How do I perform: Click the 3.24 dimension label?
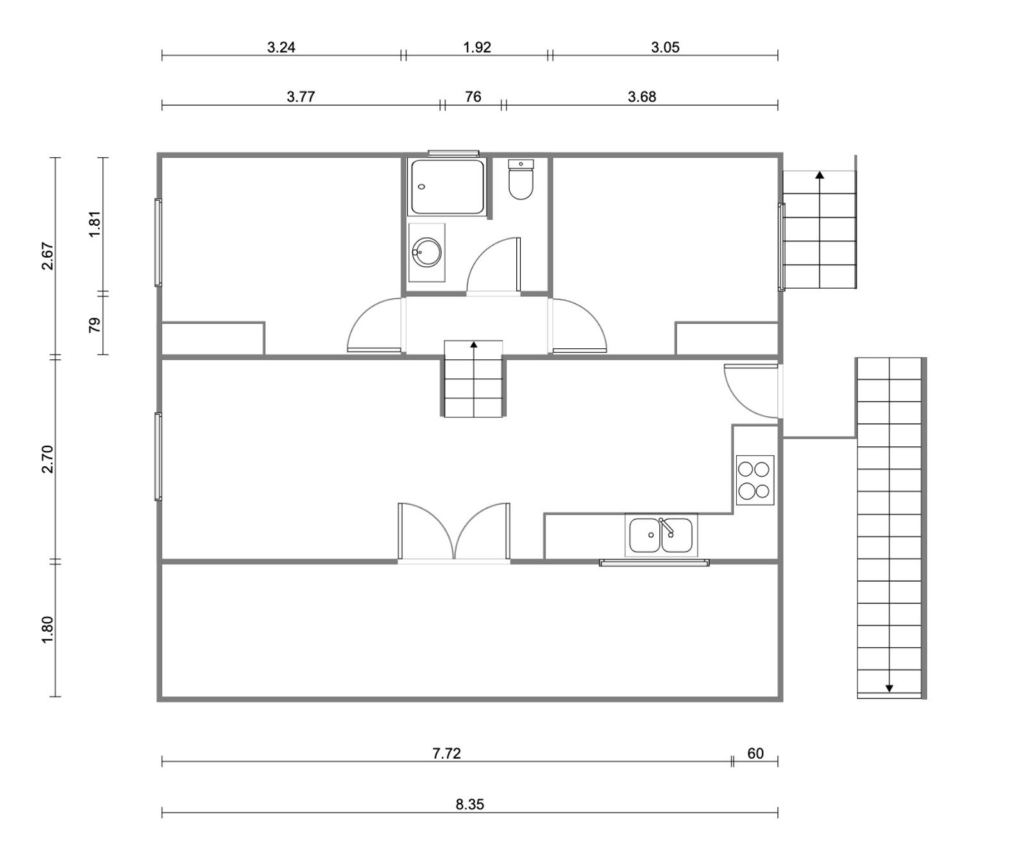coord(281,47)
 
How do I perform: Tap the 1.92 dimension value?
coord(477,47)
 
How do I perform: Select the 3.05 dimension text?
coord(665,47)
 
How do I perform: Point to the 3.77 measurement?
coord(301,97)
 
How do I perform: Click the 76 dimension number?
coord(473,97)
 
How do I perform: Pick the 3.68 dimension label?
coord(642,97)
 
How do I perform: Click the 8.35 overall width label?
coord(470,804)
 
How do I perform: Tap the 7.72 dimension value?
coord(446,754)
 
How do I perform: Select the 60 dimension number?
coord(755,754)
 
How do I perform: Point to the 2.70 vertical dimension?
coord(47,459)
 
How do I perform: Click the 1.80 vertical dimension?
coord(47,630)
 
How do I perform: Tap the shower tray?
coord(448,187)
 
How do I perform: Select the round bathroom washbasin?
coord(426,252)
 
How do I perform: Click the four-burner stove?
coord(755,480)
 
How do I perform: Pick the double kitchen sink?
coord(661,535)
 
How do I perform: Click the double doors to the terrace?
coord(454,532)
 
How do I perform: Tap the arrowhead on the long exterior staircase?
coord(889,688)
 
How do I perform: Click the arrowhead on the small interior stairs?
coord(474,344)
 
